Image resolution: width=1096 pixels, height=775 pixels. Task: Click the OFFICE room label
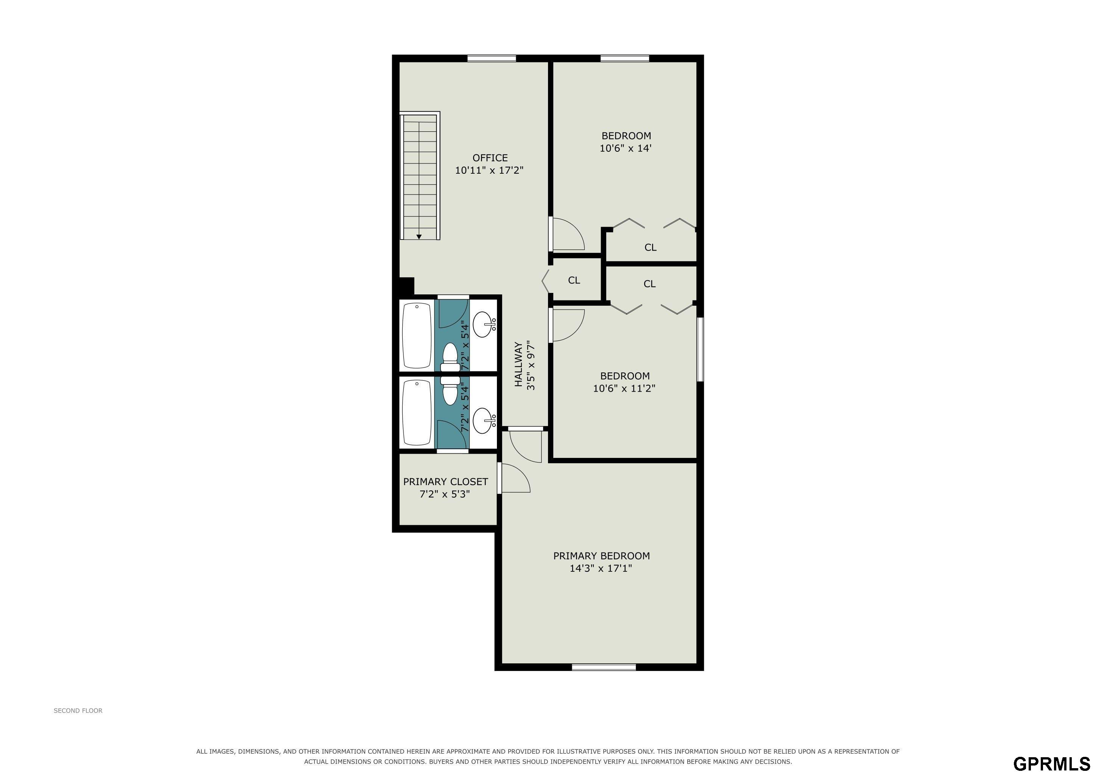coord(490,157)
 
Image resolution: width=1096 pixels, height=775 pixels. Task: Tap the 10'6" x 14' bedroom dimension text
coord(626,148)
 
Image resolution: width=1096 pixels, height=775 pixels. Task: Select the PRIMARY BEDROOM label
coord(601,556)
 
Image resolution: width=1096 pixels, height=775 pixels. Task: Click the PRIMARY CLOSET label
coord(445,481)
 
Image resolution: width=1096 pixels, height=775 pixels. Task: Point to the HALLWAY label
coord(518,364)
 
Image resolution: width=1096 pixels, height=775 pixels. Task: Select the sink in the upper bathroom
coord(484,325)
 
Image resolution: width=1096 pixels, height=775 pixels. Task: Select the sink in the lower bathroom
coord(484,420)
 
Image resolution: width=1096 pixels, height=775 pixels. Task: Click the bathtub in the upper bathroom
coord(417,336)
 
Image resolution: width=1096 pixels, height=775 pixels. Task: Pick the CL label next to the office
coord(574,280)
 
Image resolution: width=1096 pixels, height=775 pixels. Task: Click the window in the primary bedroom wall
coord(604,667)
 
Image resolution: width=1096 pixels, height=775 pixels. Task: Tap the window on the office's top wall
coord(492,59)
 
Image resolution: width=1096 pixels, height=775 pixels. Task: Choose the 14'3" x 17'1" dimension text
coord(601,568)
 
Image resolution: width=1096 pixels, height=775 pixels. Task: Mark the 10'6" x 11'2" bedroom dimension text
coord(624,388)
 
